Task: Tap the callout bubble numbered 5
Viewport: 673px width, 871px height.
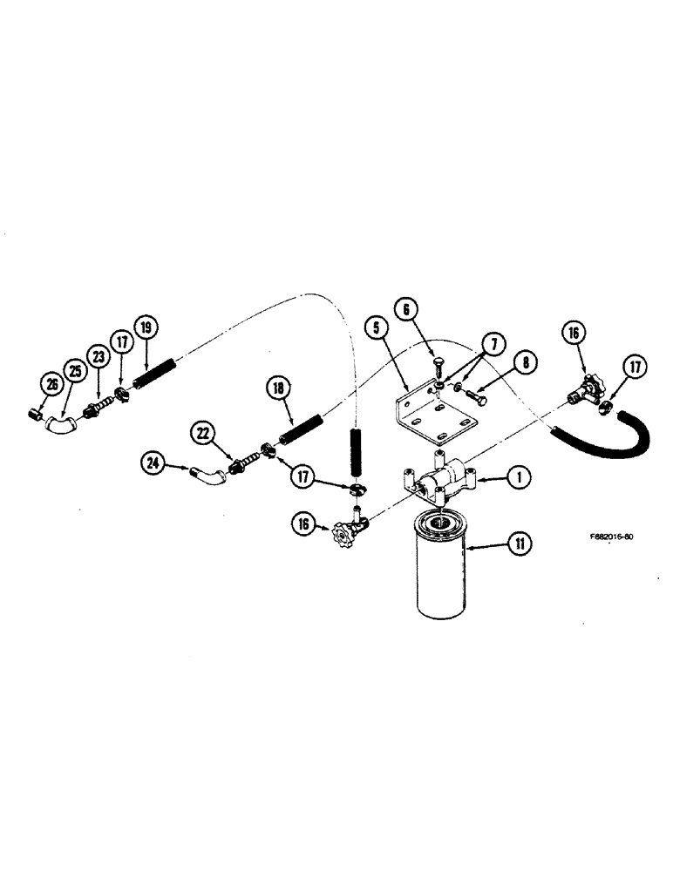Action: (x=376, y=329)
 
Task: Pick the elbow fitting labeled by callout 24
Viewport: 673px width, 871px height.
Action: (x=206, y=476)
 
